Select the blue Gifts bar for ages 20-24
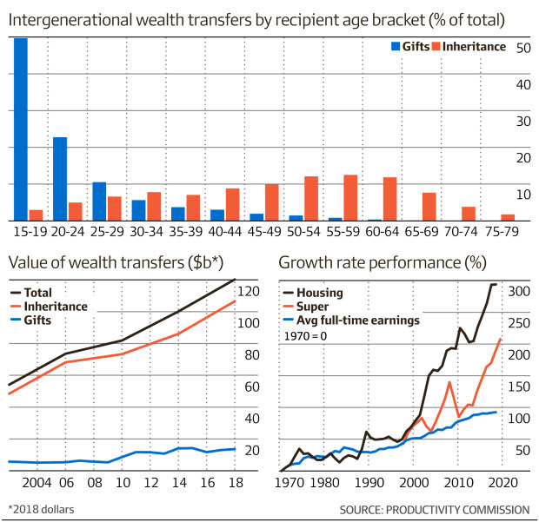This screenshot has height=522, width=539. (x=60, y=178)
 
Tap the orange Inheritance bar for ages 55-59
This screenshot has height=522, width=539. (x=350, y=197)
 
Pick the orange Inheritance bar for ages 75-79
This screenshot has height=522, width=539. (x=508, y=217)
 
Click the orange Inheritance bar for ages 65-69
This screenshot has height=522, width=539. (x=429, y=206)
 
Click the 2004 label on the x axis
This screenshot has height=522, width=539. (x=37, y=483)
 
